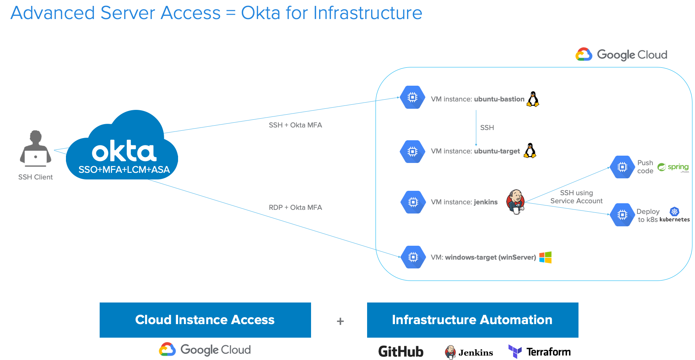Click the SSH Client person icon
click(36, 148)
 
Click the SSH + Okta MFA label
click(295, 125)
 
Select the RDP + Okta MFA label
click(295, 208)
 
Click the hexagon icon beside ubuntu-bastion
click(413, 97)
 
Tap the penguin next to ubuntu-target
click(530, 151)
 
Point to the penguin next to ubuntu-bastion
click(533, 99)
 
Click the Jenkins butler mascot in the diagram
click(515, 201)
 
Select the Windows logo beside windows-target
click(545, 257)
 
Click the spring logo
click(673, 167)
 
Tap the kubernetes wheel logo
click(674, 211)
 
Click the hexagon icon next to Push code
click(622, 167)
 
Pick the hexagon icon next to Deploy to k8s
click(622, 215)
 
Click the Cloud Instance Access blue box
click(205, 320)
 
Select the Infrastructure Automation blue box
click(473, 320)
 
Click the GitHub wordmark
click(401, 352)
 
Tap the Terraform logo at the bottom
click(539, 352)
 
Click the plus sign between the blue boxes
click(340, 321)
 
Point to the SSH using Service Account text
click(576, 197)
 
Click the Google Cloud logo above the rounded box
click(621, 55)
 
